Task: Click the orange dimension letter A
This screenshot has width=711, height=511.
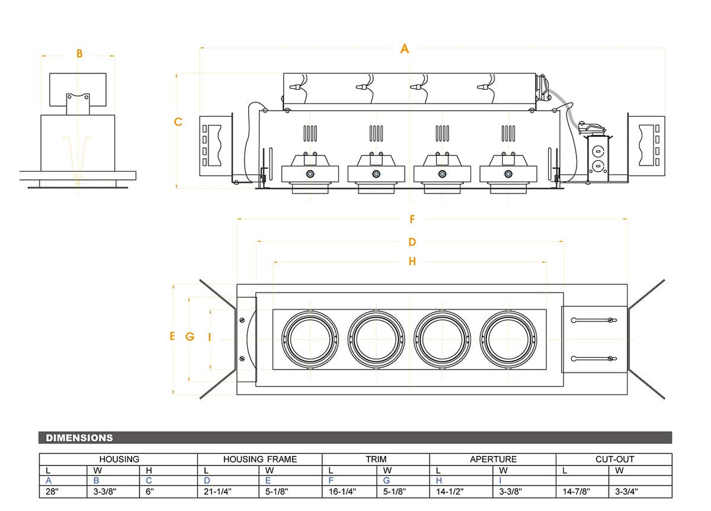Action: (405, 49)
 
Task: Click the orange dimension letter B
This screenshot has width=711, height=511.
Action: (79, 54)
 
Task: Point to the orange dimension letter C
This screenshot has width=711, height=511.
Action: (178, 122)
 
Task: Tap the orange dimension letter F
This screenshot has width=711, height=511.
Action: (412, 220)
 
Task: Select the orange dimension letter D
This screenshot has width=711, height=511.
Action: (412, 242)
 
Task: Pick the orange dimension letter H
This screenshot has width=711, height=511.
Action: (412, 262)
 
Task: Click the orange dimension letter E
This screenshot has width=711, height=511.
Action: (172, 336)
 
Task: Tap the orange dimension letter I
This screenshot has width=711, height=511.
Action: (210, 336)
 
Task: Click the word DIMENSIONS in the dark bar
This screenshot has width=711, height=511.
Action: (79, 438)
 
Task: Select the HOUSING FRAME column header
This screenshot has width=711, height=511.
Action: (260, 459)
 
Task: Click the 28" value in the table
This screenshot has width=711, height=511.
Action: (52, 491)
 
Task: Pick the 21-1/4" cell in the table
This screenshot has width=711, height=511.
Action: (217, 491)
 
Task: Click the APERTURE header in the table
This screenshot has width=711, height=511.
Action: (493, 459)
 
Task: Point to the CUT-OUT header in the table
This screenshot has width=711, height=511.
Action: (614, 459)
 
